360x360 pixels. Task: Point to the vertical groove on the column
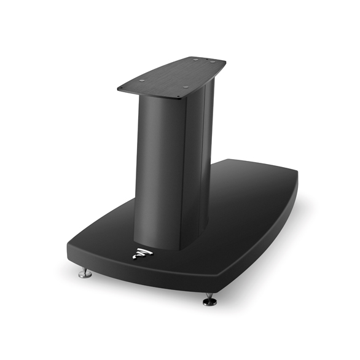click(186, 166)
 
